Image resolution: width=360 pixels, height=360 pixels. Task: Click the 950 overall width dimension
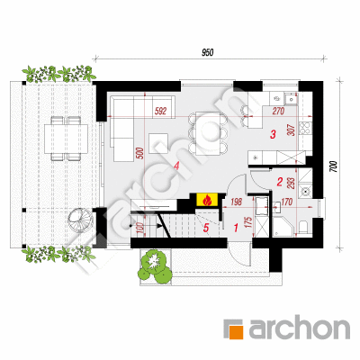[x=207, y=53]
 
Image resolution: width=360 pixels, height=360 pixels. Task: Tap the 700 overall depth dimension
[x=335, y=166]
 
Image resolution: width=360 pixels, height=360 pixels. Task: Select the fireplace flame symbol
[x=207, y=200]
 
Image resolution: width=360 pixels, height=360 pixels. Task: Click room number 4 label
[x=176, y=166]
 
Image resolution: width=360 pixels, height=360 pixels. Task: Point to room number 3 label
[x=273, y=134]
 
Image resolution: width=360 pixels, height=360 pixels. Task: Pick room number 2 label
[x=280, y=182]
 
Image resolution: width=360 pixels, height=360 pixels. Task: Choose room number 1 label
[x=236, y=228]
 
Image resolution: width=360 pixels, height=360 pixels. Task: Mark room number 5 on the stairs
[x=206, y=228]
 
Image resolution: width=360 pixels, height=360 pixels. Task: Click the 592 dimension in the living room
[x=160, y=112]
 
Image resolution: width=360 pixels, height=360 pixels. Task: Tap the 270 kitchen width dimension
[x=278, y=112]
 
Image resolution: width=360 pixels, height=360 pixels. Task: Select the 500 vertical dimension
[x=142, y=153]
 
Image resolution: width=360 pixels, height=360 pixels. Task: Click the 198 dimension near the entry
[x=237, y=202]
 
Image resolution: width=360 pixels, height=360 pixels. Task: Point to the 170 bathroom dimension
[x=287, y=202]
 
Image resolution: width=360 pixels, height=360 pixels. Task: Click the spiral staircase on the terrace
[x=77, y=219]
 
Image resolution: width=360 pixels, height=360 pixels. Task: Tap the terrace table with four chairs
[x=66, y=139]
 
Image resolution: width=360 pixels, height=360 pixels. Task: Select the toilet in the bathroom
[x=303, y=227]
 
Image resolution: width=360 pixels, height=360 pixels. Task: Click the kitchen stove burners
[x=306, y=129]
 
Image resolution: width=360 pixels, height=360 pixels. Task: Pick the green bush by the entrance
[x=155, y=265]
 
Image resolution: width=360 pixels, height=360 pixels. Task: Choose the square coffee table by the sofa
[x=158, y=143]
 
